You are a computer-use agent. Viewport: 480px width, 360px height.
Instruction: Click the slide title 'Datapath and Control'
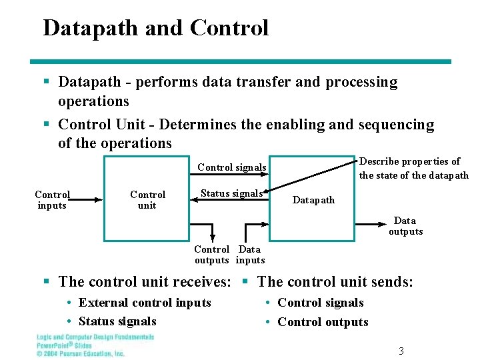155,28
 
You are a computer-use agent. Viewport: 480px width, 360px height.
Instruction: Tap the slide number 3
401,351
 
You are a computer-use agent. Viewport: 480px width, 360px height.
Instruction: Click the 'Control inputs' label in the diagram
52,200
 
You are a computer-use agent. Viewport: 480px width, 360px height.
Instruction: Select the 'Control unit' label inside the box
147,200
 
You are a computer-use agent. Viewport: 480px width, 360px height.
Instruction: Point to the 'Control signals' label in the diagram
232,167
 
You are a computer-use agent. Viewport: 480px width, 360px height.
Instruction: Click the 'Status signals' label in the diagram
231,193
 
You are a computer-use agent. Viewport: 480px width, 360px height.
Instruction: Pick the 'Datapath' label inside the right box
314,200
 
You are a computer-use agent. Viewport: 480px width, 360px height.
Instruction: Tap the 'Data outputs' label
405,226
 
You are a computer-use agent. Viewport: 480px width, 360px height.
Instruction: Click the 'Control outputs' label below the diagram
212,255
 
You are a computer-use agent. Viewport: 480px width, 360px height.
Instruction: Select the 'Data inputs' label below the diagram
250,255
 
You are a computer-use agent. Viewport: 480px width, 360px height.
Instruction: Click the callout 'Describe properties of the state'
413,169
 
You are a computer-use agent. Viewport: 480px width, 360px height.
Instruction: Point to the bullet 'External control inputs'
145,303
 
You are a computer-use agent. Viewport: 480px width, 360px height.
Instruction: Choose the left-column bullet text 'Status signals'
117,321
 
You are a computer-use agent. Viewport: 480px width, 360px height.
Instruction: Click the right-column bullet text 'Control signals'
321,303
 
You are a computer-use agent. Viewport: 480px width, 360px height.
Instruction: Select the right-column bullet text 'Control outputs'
323,322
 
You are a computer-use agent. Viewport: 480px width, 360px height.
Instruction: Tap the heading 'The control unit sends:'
335,282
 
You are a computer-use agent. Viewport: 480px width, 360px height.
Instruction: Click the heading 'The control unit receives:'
145,282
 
